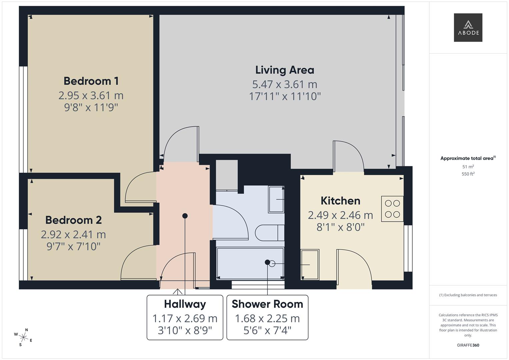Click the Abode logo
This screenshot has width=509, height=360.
click(468, 28)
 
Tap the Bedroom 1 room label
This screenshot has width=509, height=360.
click(91, 81)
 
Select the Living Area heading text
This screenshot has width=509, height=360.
click(285, 70)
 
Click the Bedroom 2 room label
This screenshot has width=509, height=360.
click(73, 220)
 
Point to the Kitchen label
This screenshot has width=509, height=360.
click(340, 201)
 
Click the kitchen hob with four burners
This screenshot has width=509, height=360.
click(392, 209)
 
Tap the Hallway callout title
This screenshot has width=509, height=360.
click(185, 304)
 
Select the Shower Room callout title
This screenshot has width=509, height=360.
click(267, 304)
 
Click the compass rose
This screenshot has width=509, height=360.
click(23, 337)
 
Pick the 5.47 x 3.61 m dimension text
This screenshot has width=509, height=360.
click(285, 84)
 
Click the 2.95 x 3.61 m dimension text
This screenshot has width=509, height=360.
click(91, 96)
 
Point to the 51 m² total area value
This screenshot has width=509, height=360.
click(468, 167)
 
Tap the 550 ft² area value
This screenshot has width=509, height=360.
click(468, 174)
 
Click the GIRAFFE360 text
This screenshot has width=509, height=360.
click(468, 345)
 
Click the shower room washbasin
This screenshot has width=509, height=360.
click(276, 199)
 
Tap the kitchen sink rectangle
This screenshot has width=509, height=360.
click(310, 264)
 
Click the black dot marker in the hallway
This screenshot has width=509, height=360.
click(185, 216)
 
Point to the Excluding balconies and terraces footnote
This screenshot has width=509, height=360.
click(468, 295)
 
